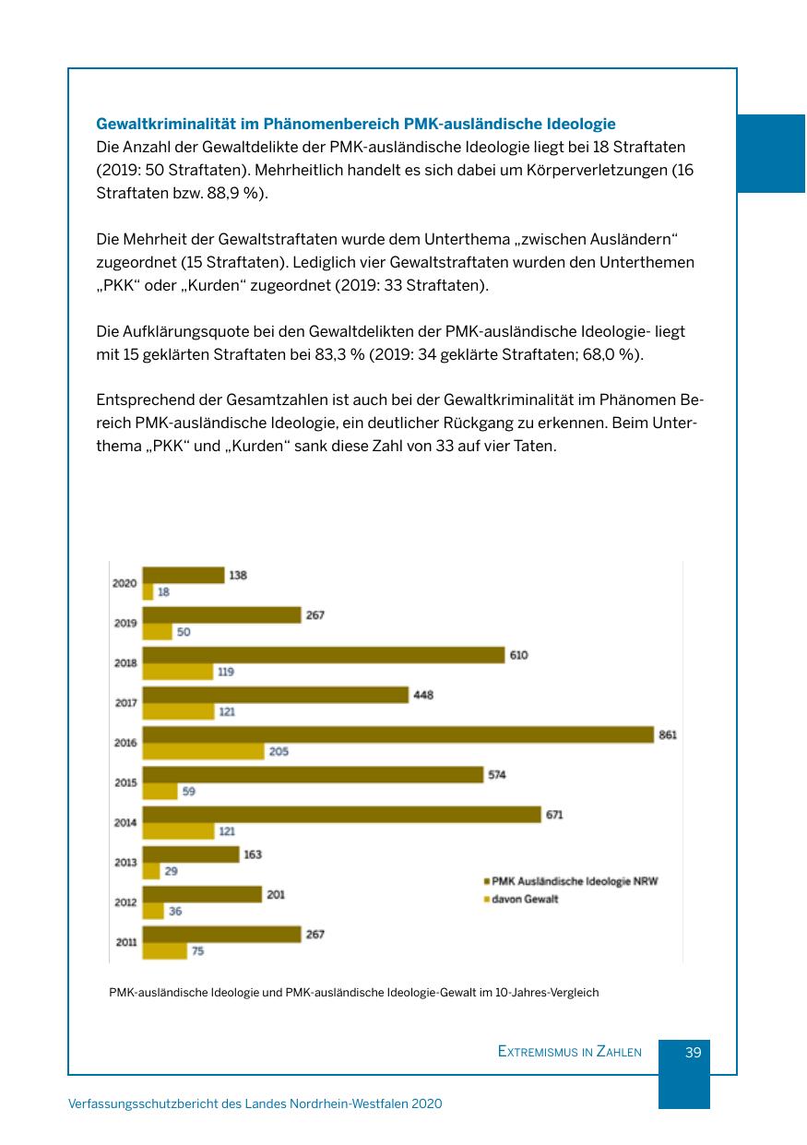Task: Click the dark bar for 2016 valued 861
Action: [x=398, y=734]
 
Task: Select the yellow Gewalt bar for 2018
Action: [x=177, y=672]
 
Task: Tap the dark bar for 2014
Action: [x=341, y=815]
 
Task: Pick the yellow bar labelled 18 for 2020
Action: [x=147, y=592]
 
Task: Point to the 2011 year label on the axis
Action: [x=126, y=942]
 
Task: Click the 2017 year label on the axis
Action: [x=126, y=703]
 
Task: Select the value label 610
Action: [x=518, y=655]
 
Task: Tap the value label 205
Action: [x=279, y=752]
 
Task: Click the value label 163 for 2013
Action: [x=252, y=854]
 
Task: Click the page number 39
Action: [x=694, y=1052]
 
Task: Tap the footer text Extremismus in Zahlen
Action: [x=569, y=1052]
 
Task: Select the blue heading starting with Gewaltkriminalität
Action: [x=356, y=123]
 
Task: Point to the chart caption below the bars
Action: [x=354, y=993]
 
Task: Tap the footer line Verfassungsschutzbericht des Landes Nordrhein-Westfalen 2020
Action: [x=255, y=1103]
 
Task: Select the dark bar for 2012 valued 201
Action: [x=202, y=894]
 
